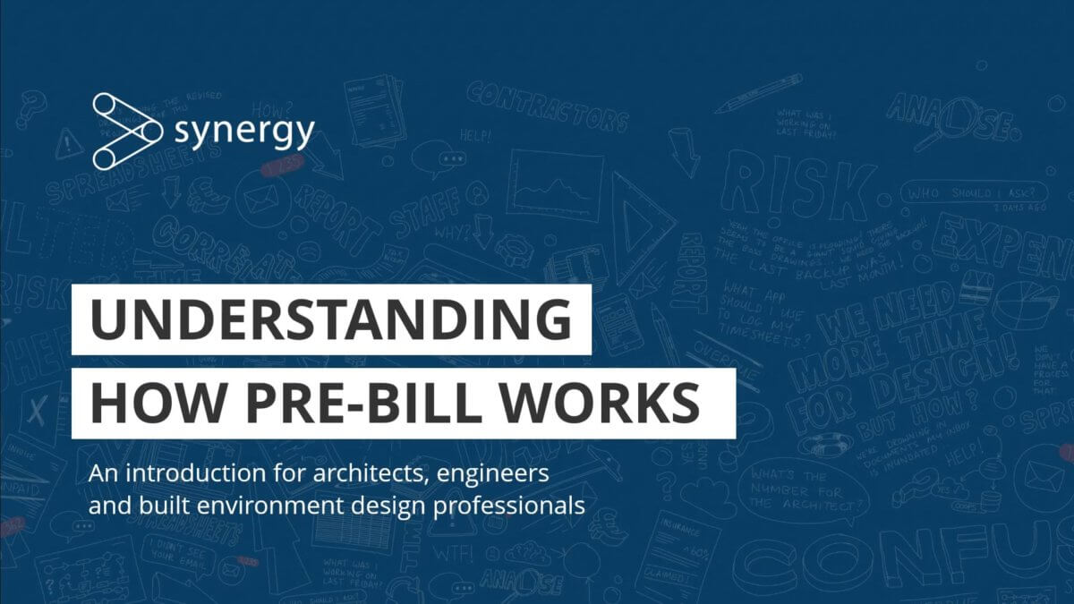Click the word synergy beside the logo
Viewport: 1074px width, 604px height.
pos(244,132)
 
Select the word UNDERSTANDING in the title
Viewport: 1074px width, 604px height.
pos(330,319)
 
